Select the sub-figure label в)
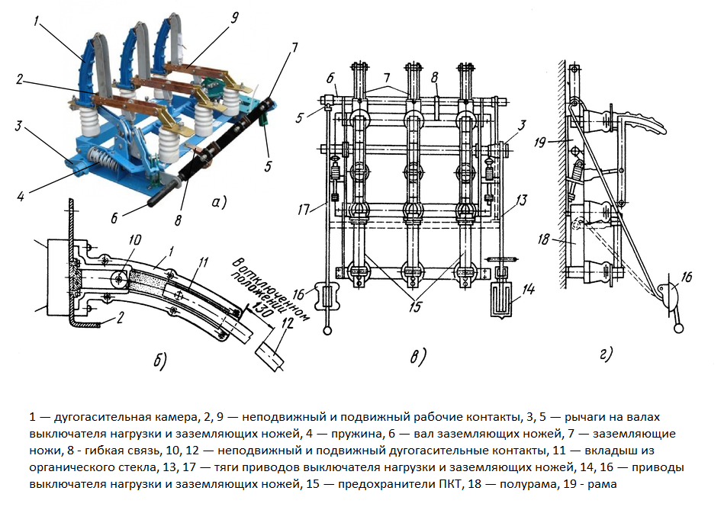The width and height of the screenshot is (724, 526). [x=418, y=357]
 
